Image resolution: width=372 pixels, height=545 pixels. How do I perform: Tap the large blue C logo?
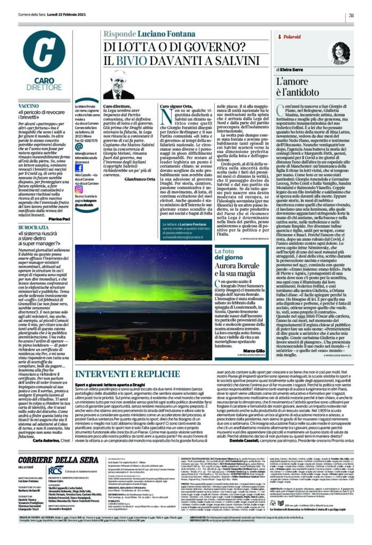coord(46,55)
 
